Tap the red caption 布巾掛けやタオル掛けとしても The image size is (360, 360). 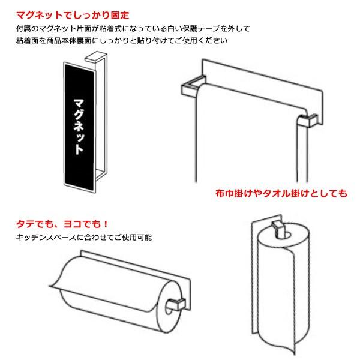point(280,193)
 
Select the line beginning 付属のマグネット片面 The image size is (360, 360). point(133,29)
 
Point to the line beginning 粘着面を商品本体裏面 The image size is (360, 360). point(122,41)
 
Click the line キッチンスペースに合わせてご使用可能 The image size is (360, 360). point(84,238)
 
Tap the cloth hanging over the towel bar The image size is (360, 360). point(246,138)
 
